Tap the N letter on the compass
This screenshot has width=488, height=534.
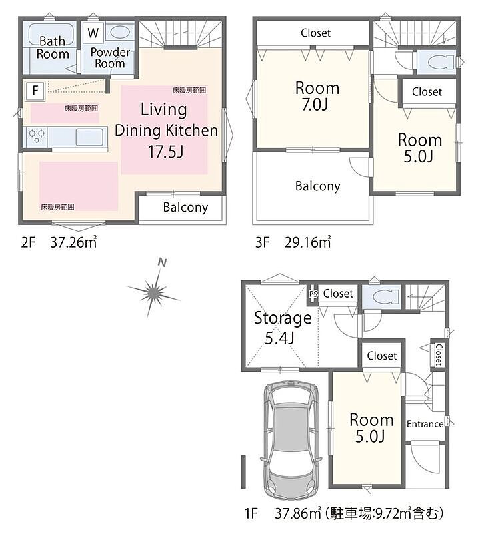[x=163, y=262]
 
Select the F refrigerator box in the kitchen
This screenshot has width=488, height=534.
[x=35, y=91]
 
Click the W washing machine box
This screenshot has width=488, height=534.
[x=93, y=33]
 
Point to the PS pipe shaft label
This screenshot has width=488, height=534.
[x=313, y=294]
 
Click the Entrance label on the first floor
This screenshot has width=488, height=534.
[x=425, y=424]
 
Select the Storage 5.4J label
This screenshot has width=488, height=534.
[x=283, y=328]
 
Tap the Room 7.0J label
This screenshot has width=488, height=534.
[x=317, y=96]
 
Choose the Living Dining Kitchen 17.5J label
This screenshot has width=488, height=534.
[x=166, y=130]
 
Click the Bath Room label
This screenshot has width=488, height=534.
[x=53, y=47]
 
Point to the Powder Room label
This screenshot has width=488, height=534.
[x=110, y=58]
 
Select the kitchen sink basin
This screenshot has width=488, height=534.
[x=89, y=138]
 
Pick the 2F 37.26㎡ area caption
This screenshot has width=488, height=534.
[x=59, y=242]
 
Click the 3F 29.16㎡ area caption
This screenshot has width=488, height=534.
[x=293, y=242]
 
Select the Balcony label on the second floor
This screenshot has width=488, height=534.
[x=185, y=207]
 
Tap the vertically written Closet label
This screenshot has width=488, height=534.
[x=439, y=354]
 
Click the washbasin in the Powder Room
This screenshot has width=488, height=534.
[x=120, y=33]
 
